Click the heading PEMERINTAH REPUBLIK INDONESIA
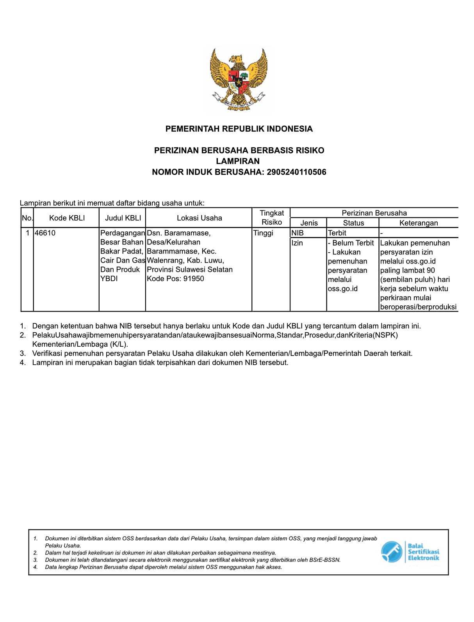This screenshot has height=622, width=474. point(239,129)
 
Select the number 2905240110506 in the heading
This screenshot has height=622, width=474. point(296,172)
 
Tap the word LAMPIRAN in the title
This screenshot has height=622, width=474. point(238,161)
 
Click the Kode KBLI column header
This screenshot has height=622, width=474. point(67,218)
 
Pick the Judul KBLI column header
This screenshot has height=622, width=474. point(123,218)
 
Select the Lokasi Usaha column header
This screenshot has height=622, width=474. point(199,218)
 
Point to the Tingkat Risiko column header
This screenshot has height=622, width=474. point(272,217)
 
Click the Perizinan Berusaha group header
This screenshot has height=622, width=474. point(374,213)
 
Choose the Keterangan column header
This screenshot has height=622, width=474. point(419,223)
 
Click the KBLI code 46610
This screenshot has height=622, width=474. point(45,233)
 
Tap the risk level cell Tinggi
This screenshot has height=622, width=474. point(263,233)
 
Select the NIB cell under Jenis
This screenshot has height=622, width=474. point(298,233)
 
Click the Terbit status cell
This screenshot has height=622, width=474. point(337,233)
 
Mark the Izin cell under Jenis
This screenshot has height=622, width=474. point(297,243)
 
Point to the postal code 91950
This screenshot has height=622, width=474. point(194,279)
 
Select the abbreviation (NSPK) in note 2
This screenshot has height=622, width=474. point(385,335)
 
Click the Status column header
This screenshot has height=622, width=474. point(353,223)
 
